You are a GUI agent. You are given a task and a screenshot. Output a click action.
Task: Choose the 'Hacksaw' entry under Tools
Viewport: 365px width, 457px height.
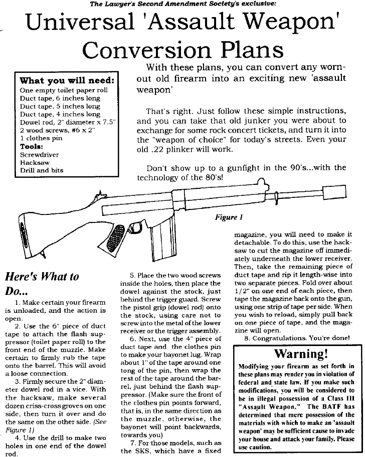point(34,163)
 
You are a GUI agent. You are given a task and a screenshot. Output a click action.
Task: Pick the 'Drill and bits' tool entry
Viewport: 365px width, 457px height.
point(42,171)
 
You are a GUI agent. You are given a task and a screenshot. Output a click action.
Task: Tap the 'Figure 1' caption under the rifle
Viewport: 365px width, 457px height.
point(229,218)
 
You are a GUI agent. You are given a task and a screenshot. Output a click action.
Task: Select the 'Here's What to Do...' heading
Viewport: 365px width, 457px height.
point(42,283)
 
